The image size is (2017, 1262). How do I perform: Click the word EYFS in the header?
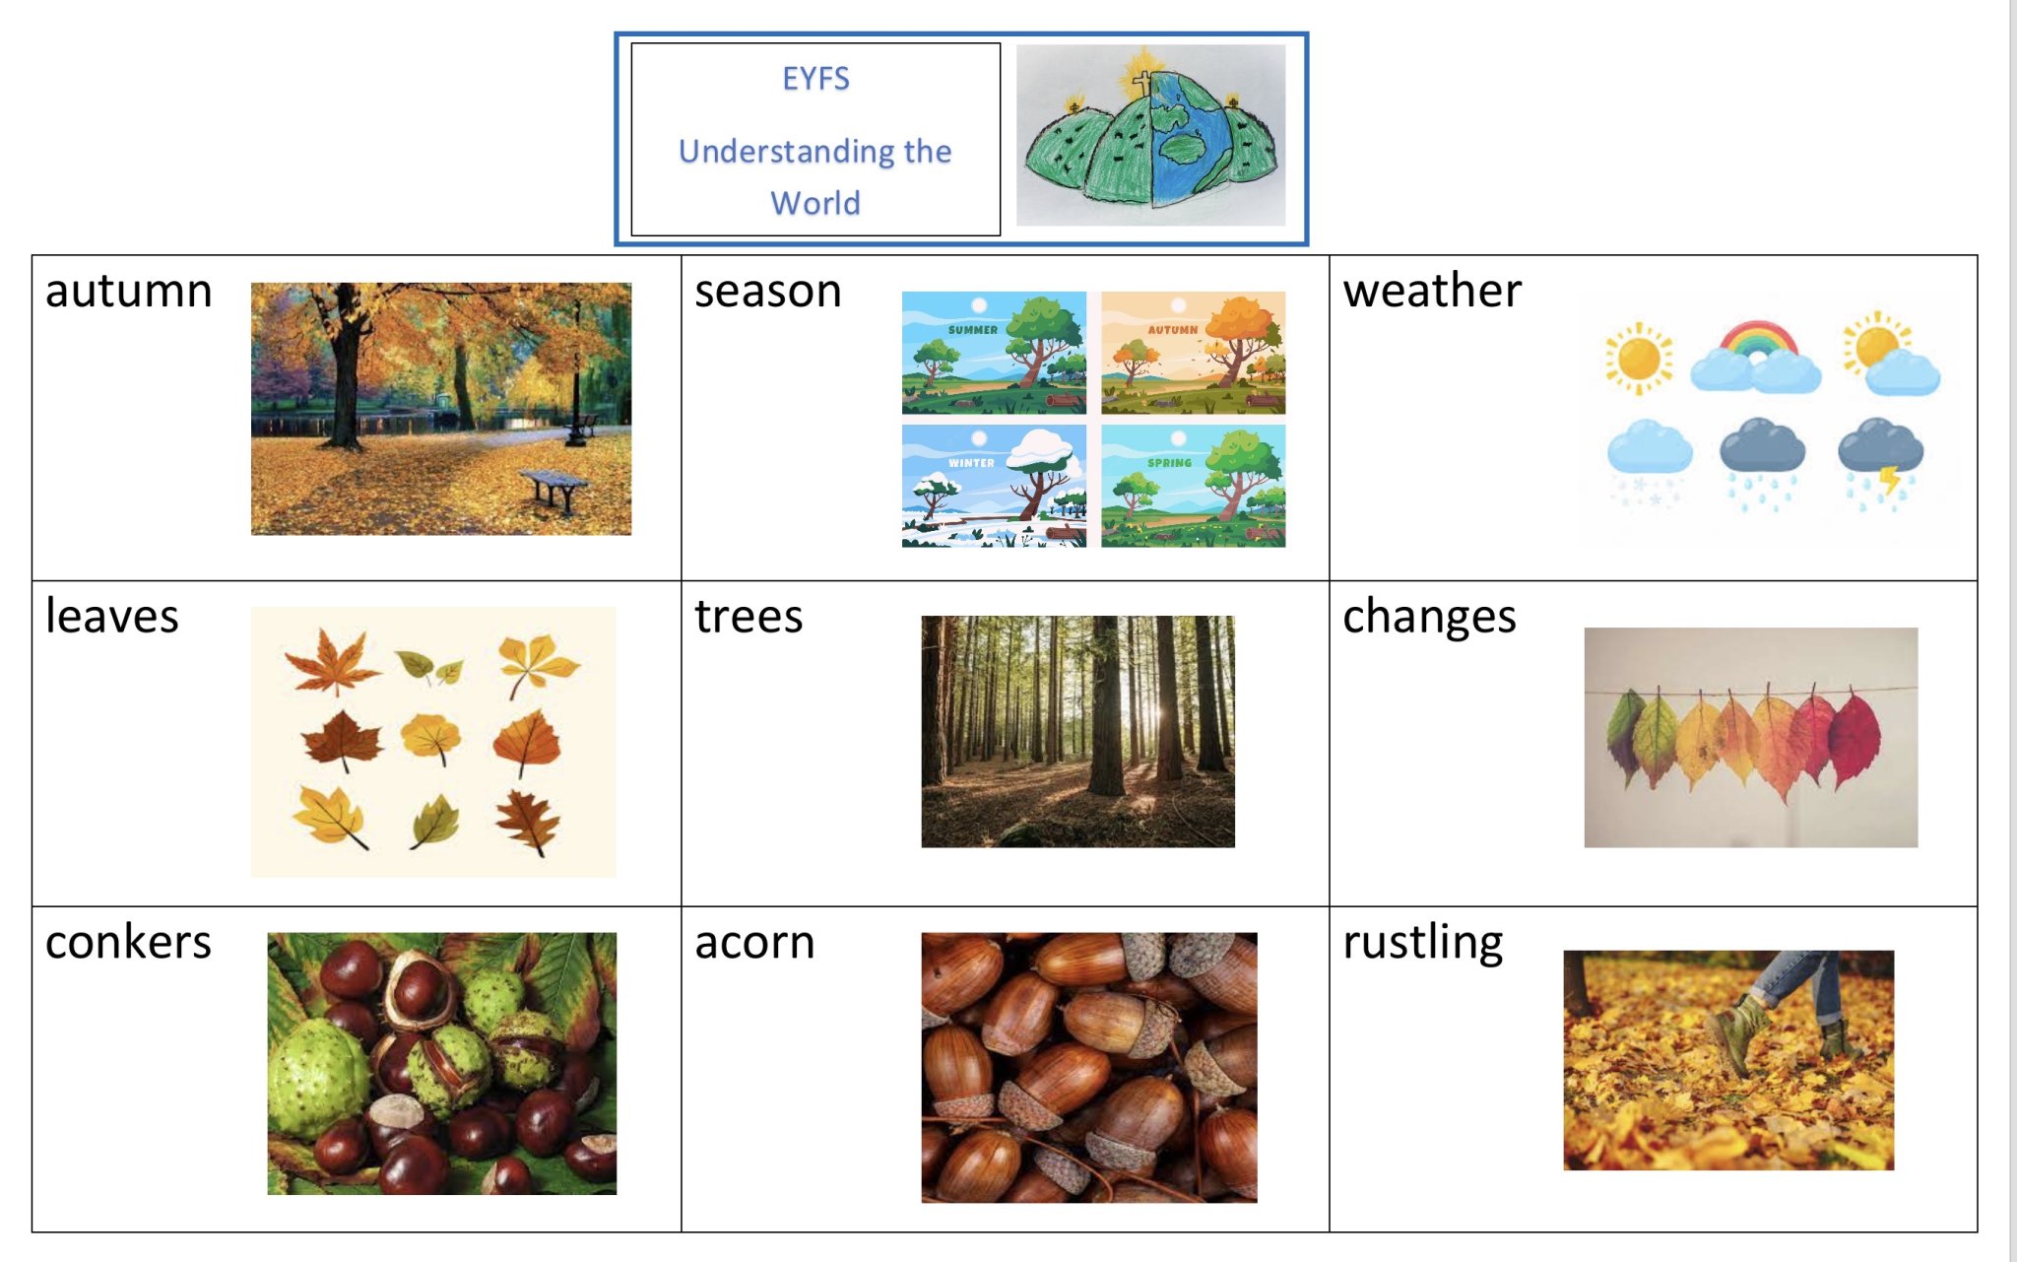coord(815,79)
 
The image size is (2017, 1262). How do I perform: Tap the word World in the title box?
coord(815,203)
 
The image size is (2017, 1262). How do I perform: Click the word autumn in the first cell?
coord(129,292)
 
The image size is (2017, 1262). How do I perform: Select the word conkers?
coord(128,943)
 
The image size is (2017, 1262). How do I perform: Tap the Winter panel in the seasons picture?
coord(994,486)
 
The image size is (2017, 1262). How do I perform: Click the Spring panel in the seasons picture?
coord(1193,486)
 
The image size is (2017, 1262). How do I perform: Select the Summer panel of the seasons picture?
coord(994,352)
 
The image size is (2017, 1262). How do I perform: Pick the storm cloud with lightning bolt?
coord(1880,464)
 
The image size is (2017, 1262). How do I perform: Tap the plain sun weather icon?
coord(1638,358)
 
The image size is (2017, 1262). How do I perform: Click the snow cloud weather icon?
coord(1649,463)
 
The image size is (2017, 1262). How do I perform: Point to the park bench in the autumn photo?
coord(553,491)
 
